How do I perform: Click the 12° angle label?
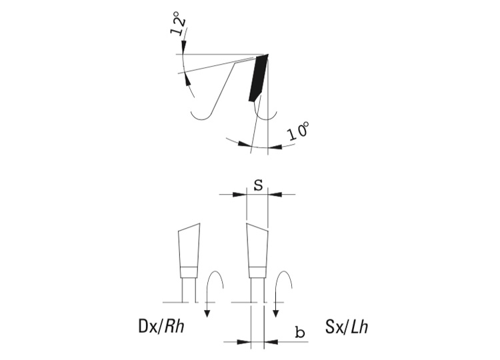[x=178, y=23]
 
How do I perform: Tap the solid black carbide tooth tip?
[x=258, y=77]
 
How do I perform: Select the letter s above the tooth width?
[x=258, y=185]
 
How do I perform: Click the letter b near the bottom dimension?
[x=300, y=332]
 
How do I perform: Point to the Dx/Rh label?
[x=161, y=327]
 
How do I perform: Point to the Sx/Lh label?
[x=347, y=327]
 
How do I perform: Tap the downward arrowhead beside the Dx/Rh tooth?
[x=207, y=314]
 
